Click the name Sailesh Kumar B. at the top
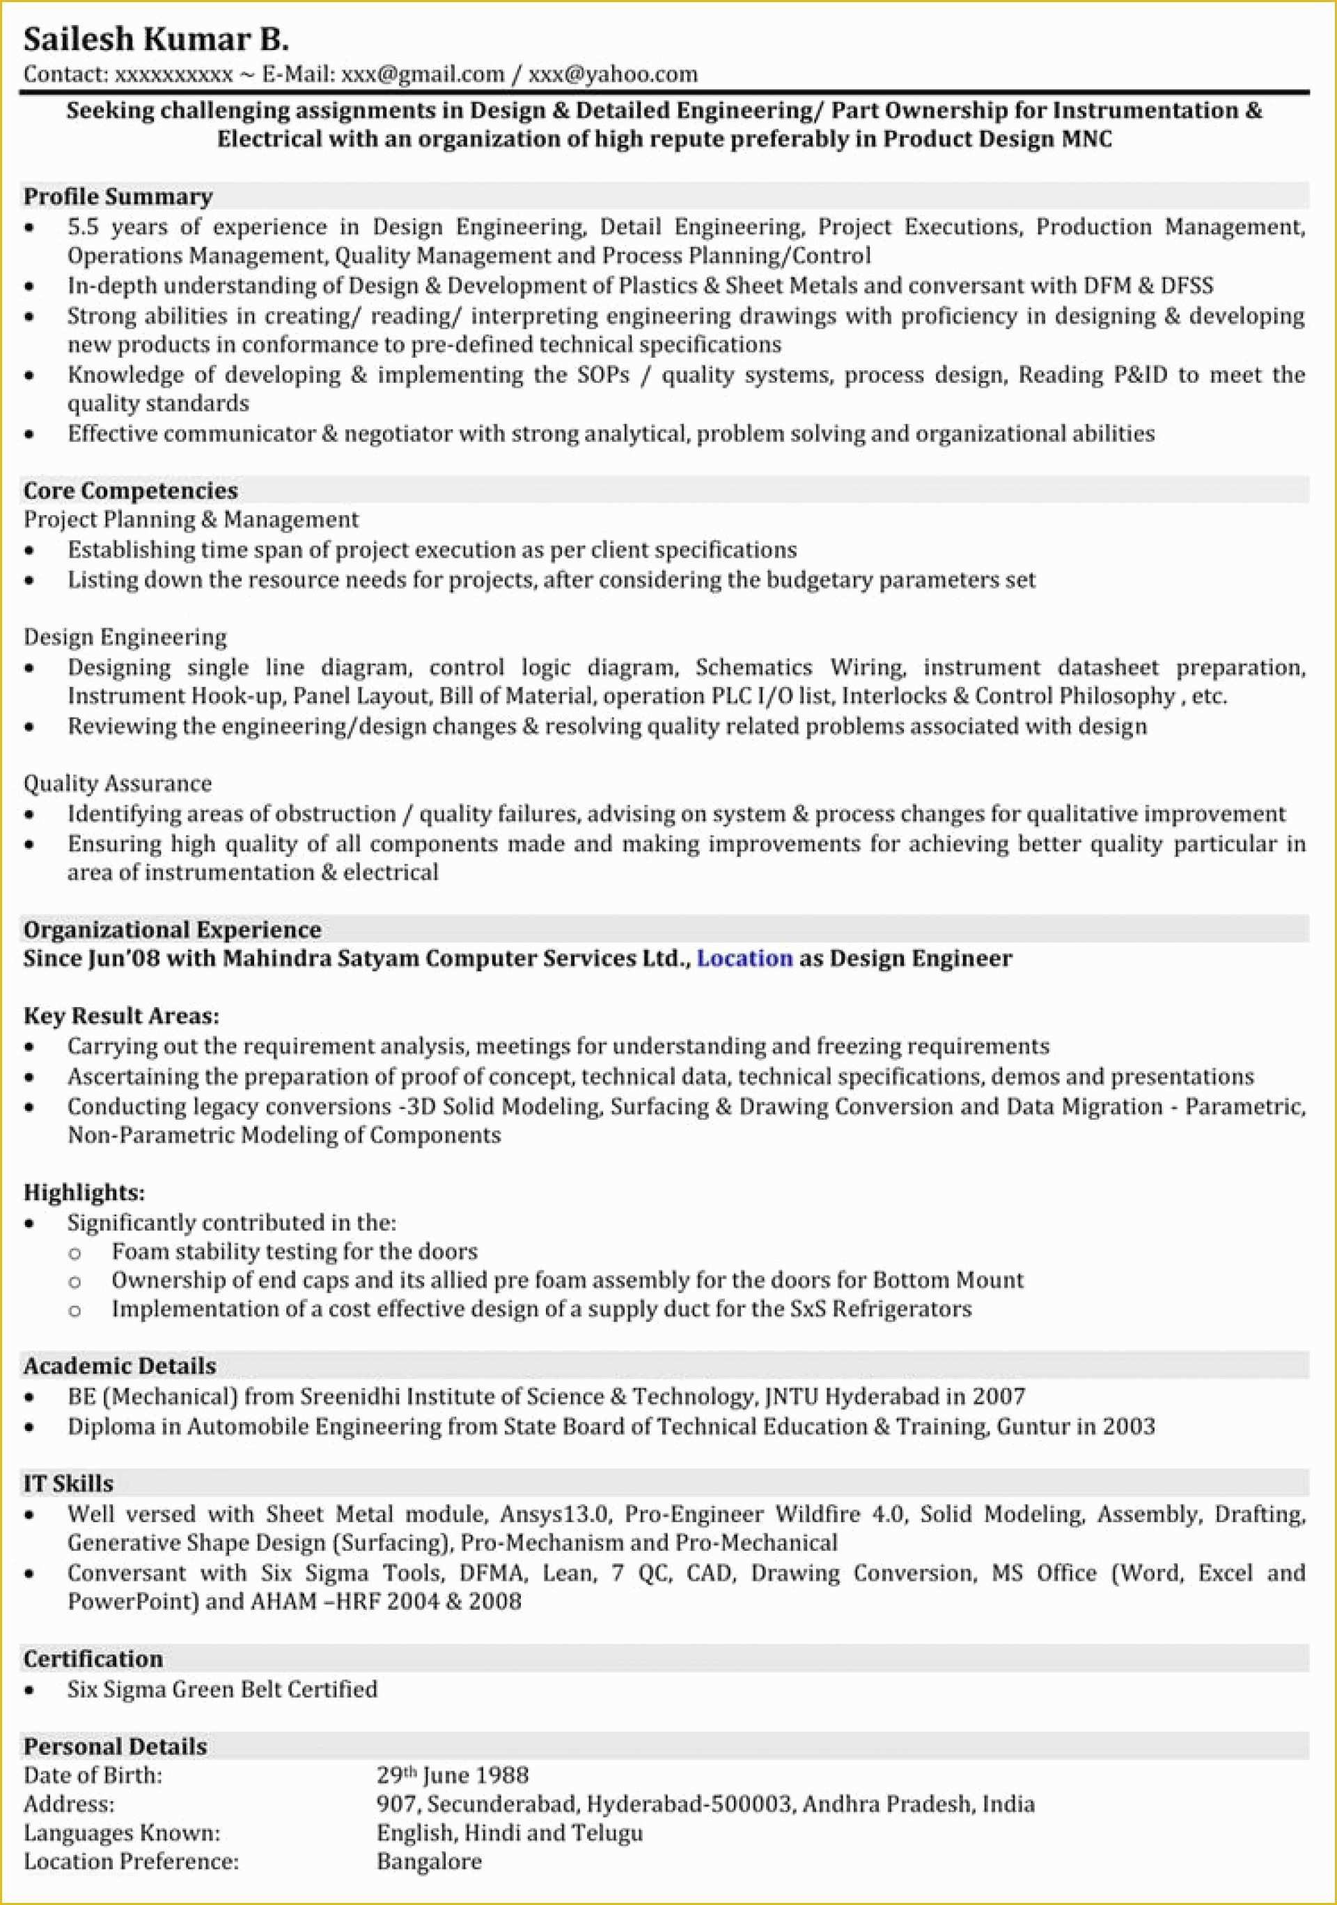[x=156, y=39]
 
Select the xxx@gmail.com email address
[x=423, y=74]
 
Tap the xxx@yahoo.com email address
[x=613, y=74]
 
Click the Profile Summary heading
[x=118, y=197]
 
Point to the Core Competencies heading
[x=130, y=491]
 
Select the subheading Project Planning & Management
[x=191, y=519]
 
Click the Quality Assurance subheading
[x=117, y=783]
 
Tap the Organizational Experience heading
[x=172, y=929]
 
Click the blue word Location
[x=744, y=958]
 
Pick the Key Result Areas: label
[x=121, y=1015]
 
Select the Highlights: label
[x=84, y=1192]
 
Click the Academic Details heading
[x=120, y=1366]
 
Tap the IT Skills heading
[x=68, y=1483]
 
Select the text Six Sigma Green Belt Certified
[x=222, y=1689]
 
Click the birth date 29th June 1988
[x=453, y=1776]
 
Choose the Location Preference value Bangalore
[x=428, y=1861]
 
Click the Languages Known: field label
[x=122, y=1832]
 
